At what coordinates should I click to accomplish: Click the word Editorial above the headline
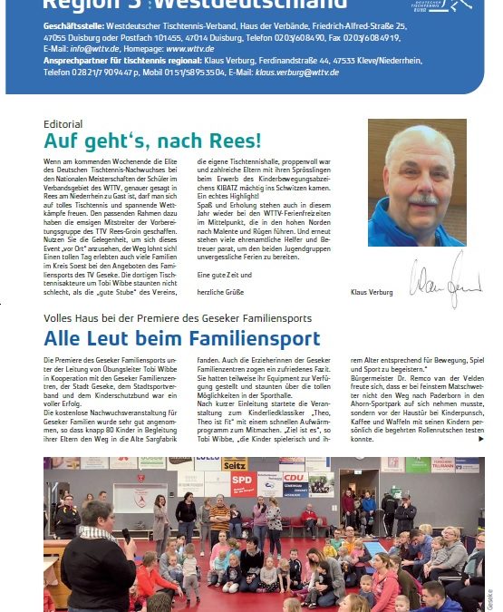click(x=63, y=124)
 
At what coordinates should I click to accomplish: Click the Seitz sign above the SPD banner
click(x=234, y=463)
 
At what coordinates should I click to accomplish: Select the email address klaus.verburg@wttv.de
click(x=296, y=72)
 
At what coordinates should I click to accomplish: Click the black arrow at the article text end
click(x=480, y=439)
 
